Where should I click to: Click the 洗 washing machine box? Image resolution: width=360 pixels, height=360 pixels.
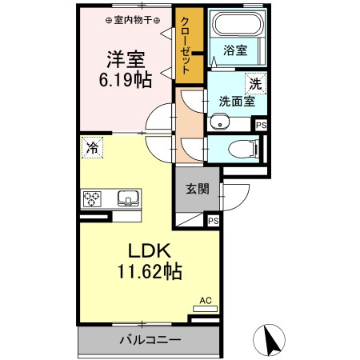click(x=254, y=82)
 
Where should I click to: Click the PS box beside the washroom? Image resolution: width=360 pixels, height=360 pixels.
click(x=261, y=124)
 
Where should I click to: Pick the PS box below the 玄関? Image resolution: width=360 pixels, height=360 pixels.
click(x=213, y=221)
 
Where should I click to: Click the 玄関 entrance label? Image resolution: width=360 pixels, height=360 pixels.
click(x=198, y=190)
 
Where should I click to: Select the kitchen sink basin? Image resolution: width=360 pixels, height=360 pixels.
click(x=126, y=198)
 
